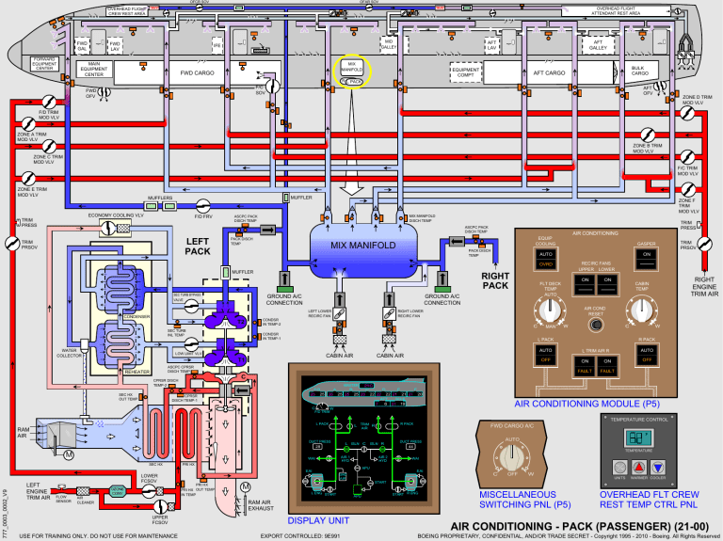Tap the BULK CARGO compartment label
point(638,71)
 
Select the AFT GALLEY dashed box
point(597,44)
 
